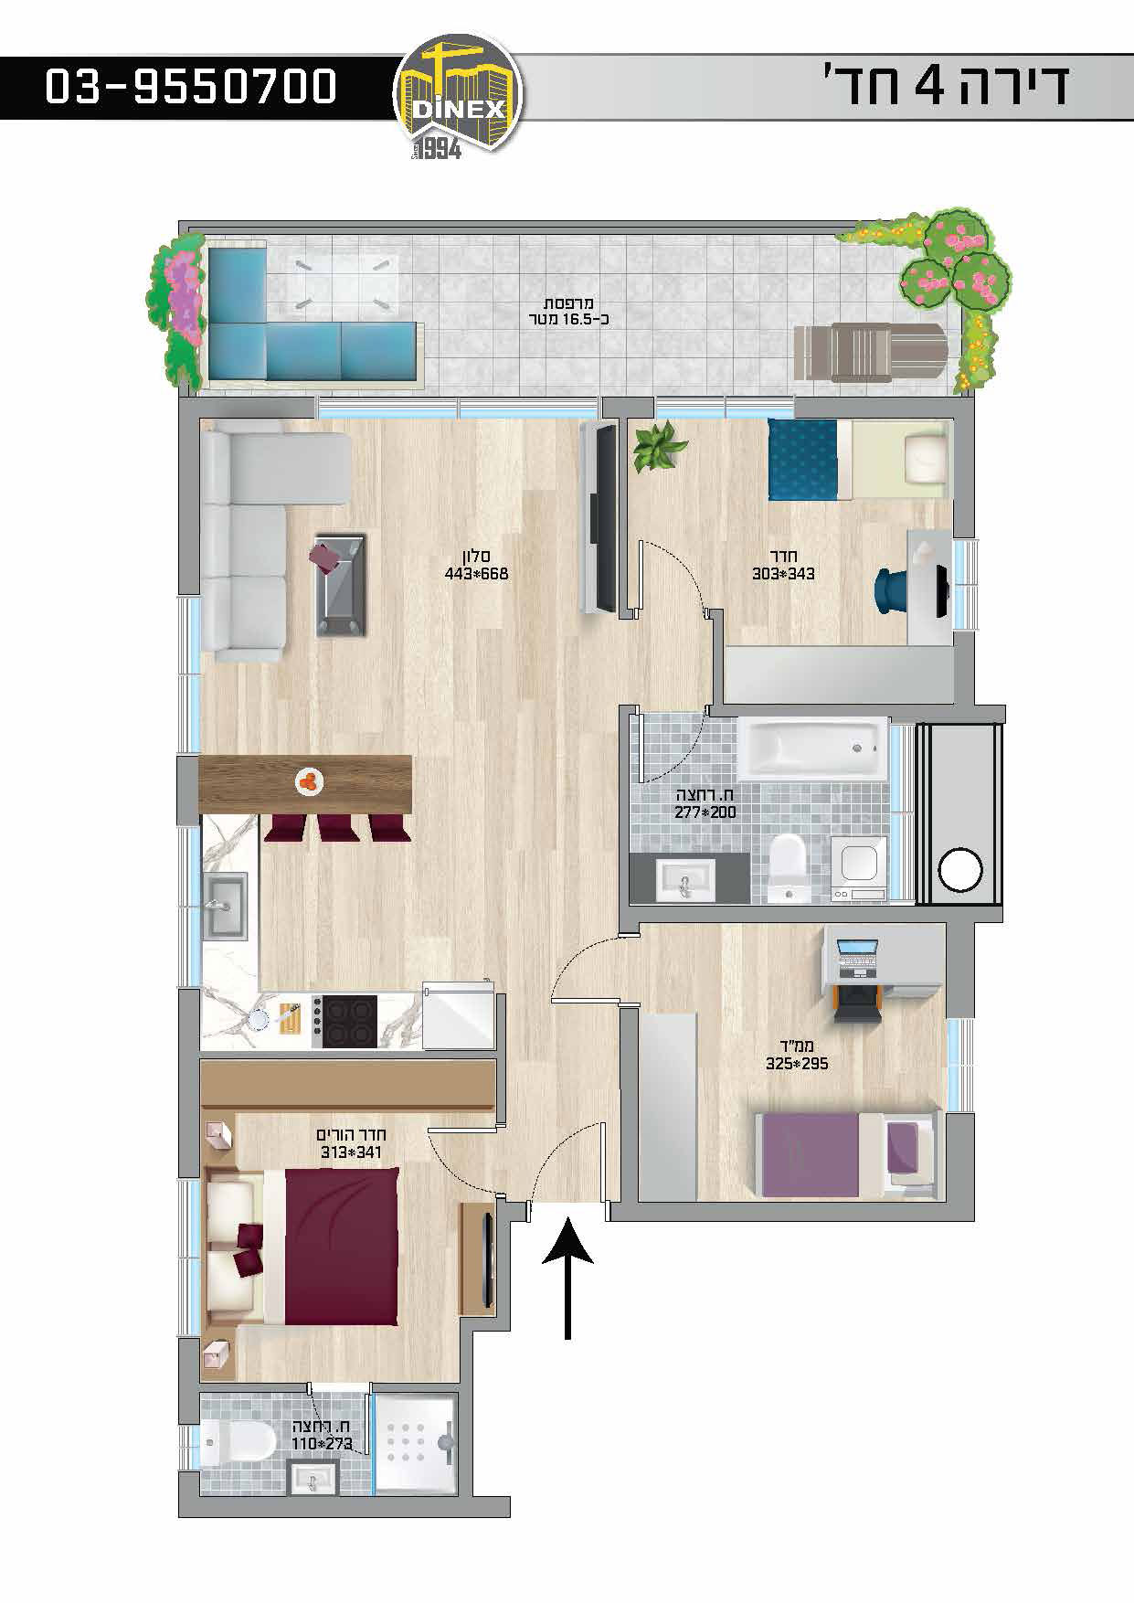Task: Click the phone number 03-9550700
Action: [191, 88]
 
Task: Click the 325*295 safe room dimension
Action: [797, 1064]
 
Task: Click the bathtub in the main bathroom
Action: [812, 747]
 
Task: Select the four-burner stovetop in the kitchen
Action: [345, 1021]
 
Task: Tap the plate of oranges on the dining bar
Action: [311, 781]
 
